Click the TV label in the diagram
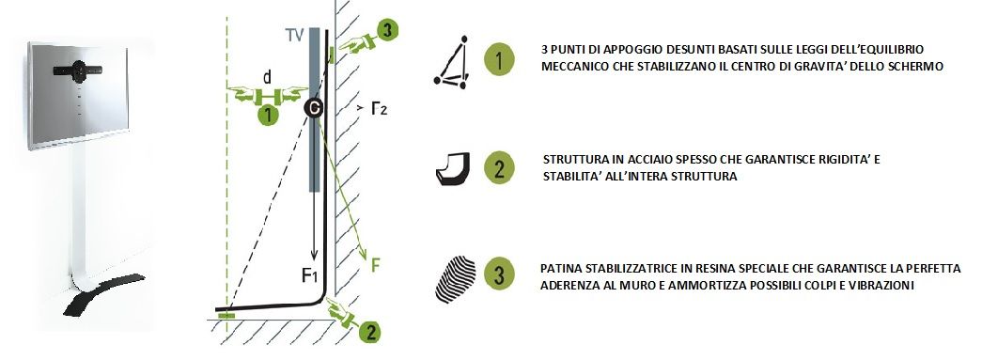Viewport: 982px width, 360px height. click(x=295, y=35)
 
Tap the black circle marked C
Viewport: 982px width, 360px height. click(x=315, y=108)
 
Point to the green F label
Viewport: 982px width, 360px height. click(x=375, y=265)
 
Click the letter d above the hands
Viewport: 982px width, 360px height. click(x=268, y=78)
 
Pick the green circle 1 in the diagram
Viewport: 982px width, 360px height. click(x=268, y=116)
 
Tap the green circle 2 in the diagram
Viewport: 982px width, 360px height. click(x=370, y=331)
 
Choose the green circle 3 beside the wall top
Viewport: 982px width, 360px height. click(x=388, y=31)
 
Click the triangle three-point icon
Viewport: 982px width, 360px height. click(x=452, y=62)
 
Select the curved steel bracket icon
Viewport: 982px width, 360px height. click(x=452, y=169)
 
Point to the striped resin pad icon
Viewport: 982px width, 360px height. click(x=456, y=276)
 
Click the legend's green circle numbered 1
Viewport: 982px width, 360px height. click(x=499, y=61)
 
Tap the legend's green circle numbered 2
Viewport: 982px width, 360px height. click(x=499, y=168)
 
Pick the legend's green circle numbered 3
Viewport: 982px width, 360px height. click(x=499, y=275)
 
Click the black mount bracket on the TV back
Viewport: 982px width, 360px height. click(x=78, y=70)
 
